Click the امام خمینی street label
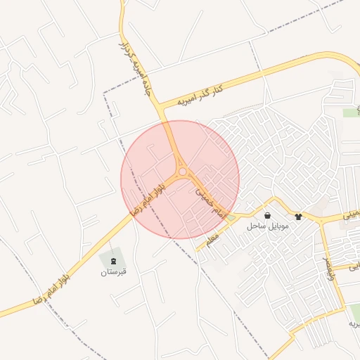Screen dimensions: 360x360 coord(210,200)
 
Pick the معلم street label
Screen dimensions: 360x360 coord(212,240)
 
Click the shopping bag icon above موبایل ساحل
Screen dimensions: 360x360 coord(267,215)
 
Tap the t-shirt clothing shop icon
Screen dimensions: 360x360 coord(299,217)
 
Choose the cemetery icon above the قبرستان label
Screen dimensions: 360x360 coord(114,261)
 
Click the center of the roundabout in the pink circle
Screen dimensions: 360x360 coord(183,171)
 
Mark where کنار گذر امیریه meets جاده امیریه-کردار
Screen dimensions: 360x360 coord(163,106)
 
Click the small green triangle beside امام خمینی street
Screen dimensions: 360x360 coord(231,217)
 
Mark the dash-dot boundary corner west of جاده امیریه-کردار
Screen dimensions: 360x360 coord(104,92)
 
